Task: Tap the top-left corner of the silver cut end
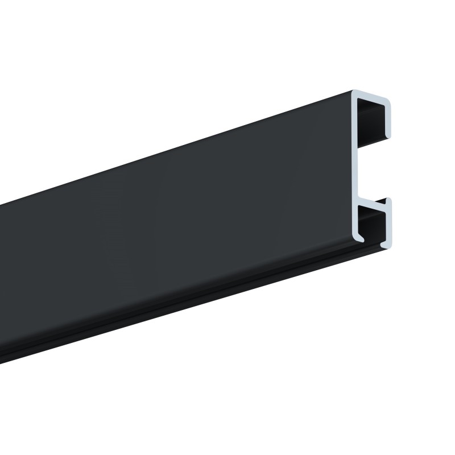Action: click(x=353, y=92)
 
